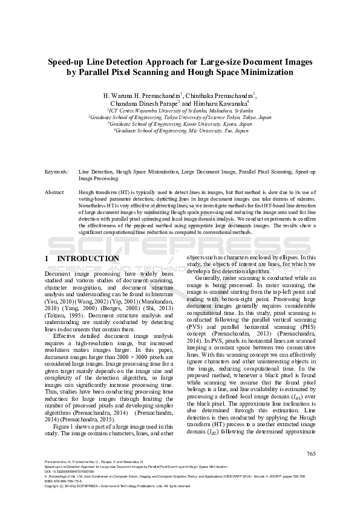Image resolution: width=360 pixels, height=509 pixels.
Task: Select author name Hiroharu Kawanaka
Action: (x=220, y=103)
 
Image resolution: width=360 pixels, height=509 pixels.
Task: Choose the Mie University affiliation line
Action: (x=180, y=130)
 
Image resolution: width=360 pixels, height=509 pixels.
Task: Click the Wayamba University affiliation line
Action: (x=180, y=111)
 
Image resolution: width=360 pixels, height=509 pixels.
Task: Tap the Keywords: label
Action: (x=56, y=172)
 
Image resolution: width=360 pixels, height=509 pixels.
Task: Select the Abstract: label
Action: (x=55, y=192)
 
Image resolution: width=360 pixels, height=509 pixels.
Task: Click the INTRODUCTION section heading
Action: (x=88, y=259)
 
